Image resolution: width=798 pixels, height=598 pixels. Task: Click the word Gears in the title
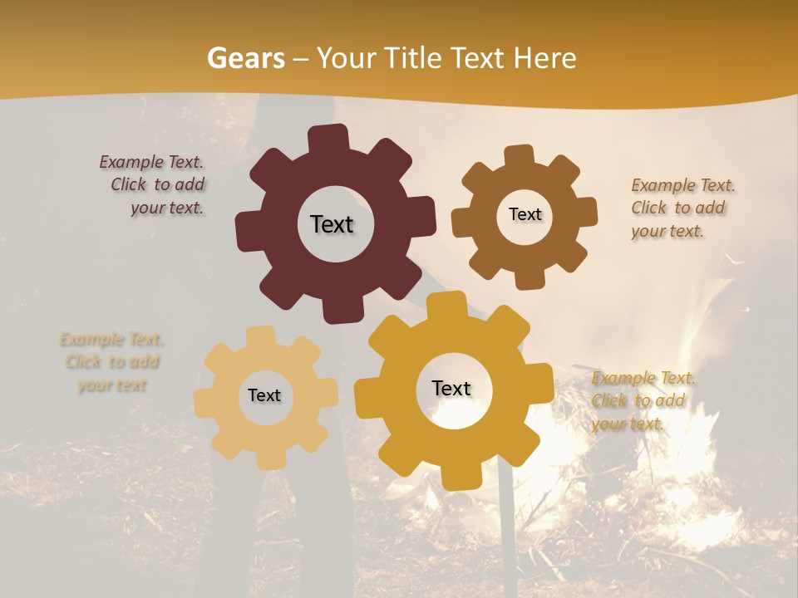point(245,58)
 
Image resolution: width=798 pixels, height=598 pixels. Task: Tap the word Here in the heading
point(544,58)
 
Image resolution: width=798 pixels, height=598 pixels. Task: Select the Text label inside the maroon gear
point(332,224)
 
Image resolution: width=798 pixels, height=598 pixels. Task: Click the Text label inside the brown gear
point(525,214)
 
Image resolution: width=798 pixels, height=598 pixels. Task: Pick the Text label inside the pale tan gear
point(264,395)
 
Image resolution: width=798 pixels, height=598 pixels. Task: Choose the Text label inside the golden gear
point(451,388)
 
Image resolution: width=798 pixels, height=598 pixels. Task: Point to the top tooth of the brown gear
point(519,158)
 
